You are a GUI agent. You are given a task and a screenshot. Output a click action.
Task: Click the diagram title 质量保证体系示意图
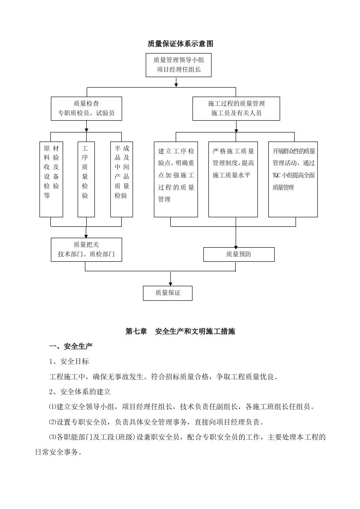pos(180,44)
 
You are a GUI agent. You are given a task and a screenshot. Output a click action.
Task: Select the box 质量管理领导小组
pos(178,65)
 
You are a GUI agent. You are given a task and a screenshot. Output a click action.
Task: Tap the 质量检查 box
pos(86,108)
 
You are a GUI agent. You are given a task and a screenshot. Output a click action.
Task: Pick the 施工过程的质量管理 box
pos(236,108)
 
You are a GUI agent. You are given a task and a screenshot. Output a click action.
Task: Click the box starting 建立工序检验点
pos(176,179)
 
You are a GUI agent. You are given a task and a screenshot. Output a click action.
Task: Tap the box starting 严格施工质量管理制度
pos(233,179)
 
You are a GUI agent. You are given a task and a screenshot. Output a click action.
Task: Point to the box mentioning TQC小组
pos(293,179)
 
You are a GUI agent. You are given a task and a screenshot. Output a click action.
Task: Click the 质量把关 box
pos(86,250)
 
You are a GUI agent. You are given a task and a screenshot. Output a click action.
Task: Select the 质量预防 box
pos(239,254)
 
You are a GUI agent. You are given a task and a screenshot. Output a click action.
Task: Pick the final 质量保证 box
pos(168,293)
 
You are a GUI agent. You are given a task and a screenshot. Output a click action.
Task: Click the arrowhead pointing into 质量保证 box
pos(170,284)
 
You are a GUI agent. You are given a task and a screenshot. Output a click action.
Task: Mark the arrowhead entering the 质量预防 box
pos(236,245)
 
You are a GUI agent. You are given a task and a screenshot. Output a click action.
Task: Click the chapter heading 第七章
pos(136,332)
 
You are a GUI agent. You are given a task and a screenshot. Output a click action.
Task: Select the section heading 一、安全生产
pos(71,347)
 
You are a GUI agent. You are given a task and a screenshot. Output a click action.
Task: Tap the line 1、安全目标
pos(69,362)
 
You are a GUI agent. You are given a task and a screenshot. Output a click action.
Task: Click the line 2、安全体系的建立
pos(80,392)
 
